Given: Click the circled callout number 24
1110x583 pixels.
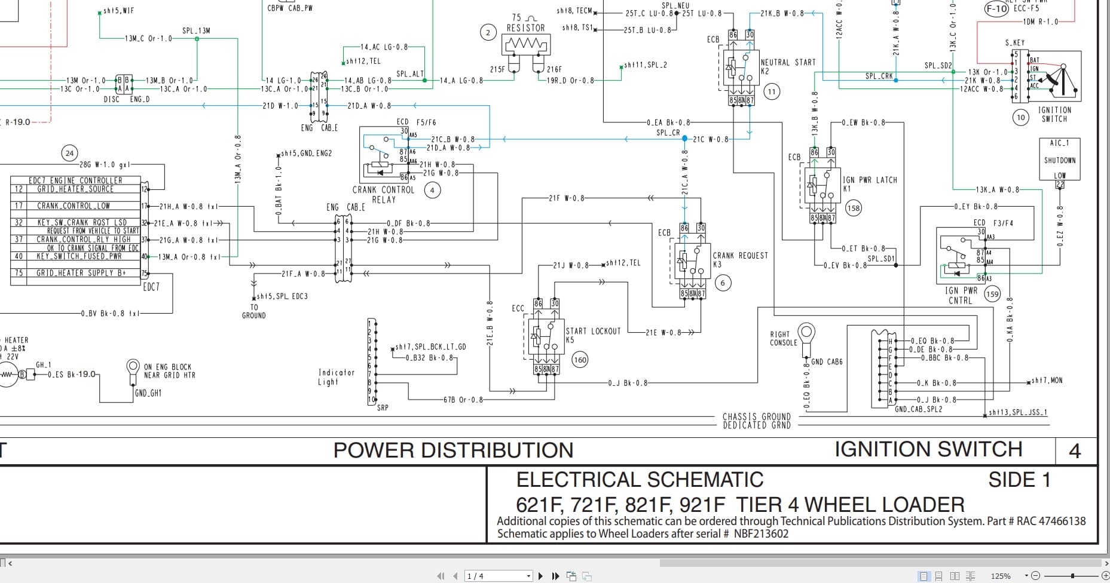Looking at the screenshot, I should point(70,154).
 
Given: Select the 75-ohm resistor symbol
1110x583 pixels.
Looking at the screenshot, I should point(525,44).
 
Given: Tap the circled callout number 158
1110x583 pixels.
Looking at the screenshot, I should point(854,208).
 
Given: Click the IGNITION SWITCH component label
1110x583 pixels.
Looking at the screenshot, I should point(1054,115).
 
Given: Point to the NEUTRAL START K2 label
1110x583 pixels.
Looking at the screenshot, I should point(787,66).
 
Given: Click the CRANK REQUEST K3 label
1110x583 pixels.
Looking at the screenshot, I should point(740,259).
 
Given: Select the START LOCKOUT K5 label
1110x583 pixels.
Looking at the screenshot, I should point(592,335).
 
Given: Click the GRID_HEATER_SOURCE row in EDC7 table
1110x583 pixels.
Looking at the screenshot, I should point(75,189).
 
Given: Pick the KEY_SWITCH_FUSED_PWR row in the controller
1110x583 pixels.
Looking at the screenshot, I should point(79,256).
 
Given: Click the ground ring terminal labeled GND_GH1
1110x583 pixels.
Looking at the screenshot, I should point(133,367).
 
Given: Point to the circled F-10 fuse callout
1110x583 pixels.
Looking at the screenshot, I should point(996,9).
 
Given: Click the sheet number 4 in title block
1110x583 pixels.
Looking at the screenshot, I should point(1074,451).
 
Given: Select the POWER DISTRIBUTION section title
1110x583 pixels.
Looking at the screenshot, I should point(453,450).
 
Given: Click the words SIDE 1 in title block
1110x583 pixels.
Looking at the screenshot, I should point(1019,480).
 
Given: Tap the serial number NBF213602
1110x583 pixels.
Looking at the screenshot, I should point(761,534).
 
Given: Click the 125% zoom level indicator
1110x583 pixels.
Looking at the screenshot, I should point(1000,576).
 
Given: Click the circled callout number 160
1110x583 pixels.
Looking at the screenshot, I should point(580,360).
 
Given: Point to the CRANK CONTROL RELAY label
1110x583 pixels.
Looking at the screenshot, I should point(383,194).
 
